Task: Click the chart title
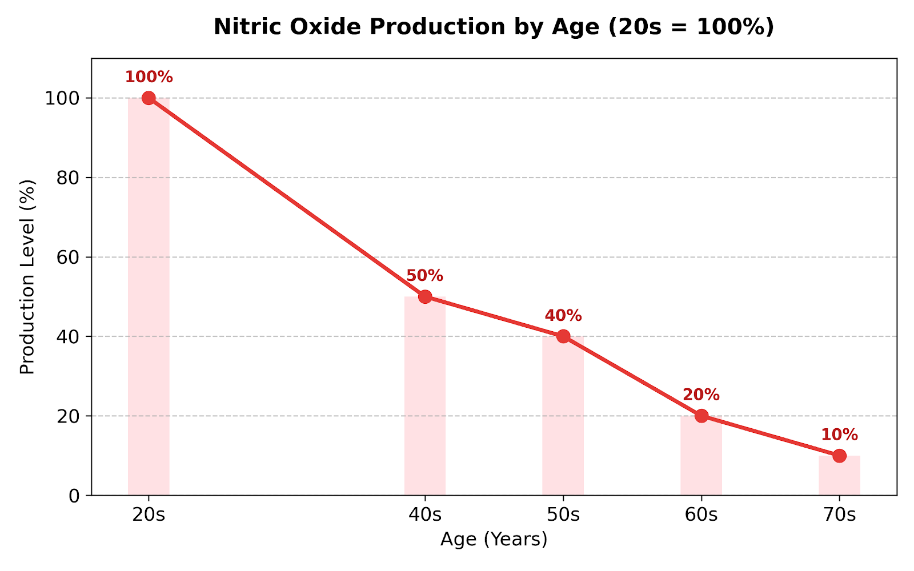494,27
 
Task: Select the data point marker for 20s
149,98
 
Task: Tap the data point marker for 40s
425,296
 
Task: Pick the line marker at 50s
563,336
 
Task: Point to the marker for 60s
701,416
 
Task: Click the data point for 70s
839,456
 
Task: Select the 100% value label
149,77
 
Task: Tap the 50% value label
425,276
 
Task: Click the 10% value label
839,435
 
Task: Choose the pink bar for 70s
839,476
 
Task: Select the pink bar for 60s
701,456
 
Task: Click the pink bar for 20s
149,296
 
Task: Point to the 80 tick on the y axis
68,178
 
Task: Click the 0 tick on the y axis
74,496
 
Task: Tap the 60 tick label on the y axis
68,258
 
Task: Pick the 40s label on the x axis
425,515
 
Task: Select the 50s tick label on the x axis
563,515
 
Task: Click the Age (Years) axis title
494,539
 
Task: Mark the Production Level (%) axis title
27,277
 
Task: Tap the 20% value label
701,395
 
